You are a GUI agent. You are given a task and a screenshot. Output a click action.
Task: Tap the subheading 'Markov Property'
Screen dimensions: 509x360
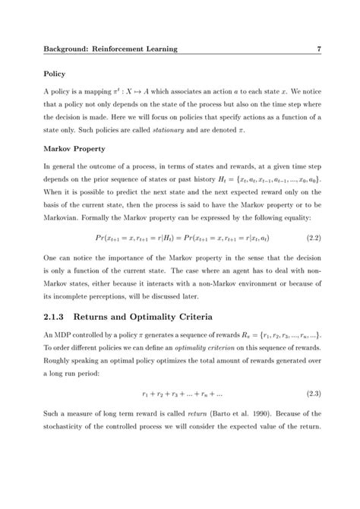(74, 149)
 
